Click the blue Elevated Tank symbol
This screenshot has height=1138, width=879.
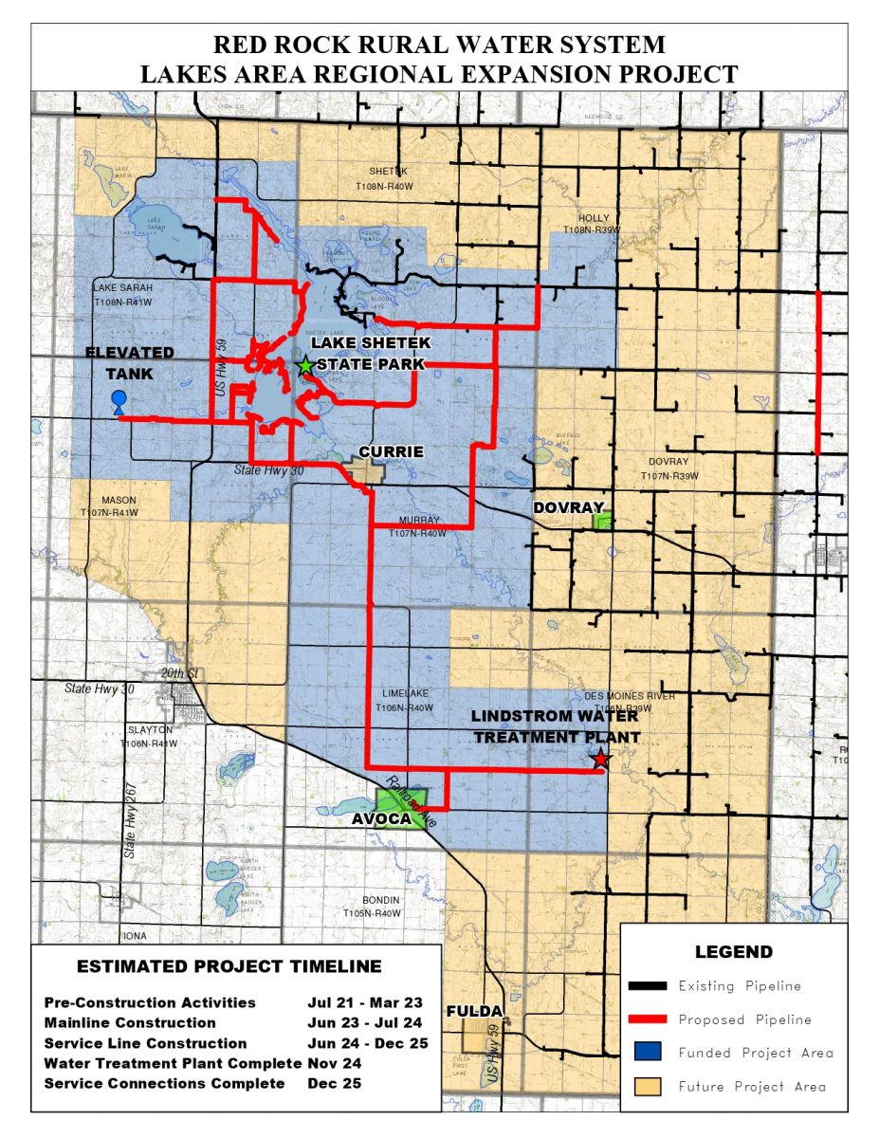[x=119, y=401]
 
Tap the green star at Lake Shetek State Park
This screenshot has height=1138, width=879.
[x=305, y=366]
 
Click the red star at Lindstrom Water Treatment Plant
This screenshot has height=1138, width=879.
[x=599, y=759]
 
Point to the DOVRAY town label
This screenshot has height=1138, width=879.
[x=567, y=508]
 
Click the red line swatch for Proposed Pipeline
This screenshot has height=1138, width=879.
[x=647, y=1019]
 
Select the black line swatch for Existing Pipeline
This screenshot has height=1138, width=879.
[x=647, y=986]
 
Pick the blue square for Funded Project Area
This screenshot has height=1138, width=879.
[x=647, y=1053]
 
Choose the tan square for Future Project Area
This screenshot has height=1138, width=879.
[x=647, y=1086]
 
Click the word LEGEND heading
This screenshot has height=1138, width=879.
[x=733, y=952]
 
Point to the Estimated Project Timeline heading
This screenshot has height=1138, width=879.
[x=229, y=967]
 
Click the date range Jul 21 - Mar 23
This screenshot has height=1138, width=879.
[x=365, y=1002]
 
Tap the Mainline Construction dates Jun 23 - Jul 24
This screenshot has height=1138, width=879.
[x=365, y=1023]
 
